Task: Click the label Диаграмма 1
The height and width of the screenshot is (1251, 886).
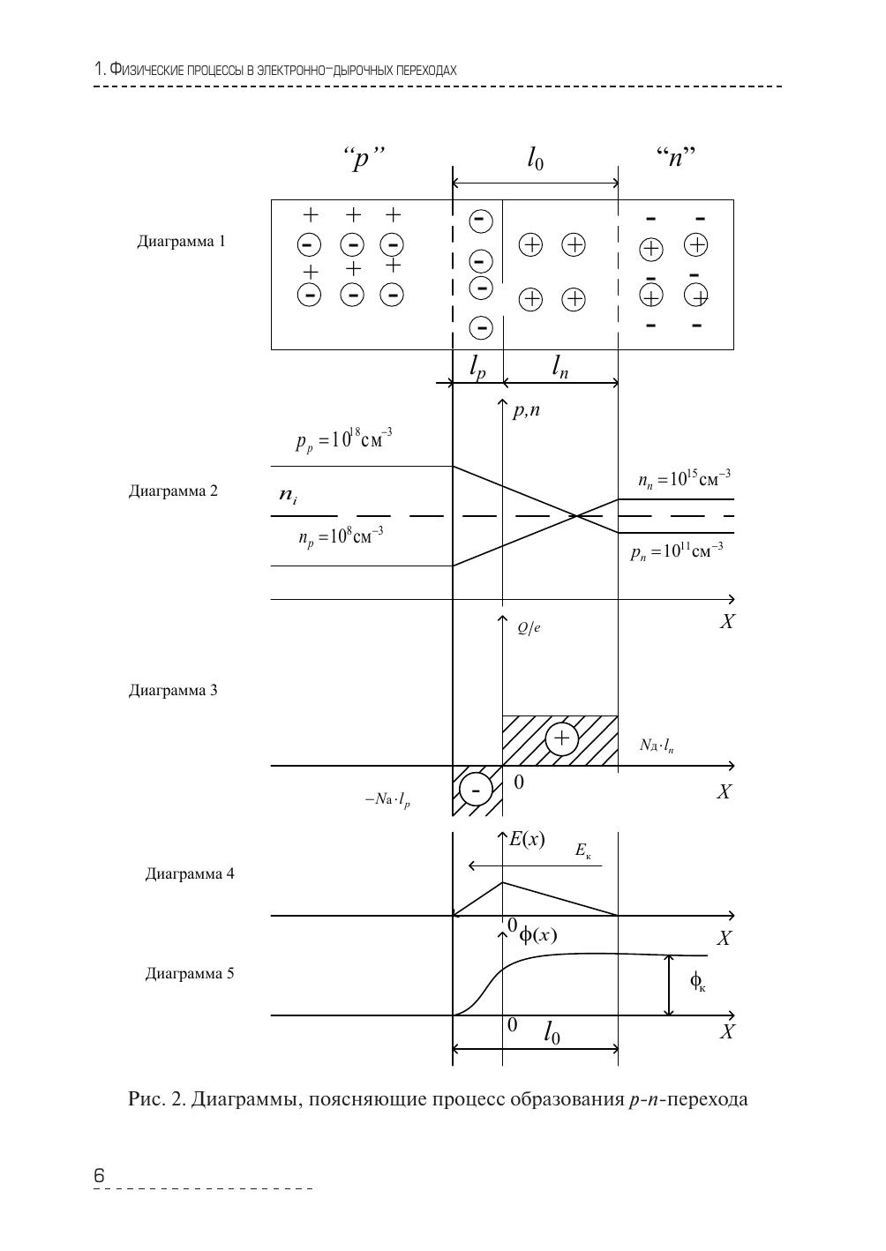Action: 181,241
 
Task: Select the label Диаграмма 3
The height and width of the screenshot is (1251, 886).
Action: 173,690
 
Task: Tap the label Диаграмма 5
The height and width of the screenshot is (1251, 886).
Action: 190,974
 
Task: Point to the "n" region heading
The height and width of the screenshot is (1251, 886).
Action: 677,160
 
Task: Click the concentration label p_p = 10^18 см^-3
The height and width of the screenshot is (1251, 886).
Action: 344,439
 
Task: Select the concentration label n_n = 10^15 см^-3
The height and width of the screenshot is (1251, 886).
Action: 684,479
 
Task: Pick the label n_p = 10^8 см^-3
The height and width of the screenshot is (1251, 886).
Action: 341,536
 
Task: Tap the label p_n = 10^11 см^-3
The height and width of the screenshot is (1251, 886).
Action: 677,552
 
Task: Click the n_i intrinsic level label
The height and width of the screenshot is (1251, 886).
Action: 288,498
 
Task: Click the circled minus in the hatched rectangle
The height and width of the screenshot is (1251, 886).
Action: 476,790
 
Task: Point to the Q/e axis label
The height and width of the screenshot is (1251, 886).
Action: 529,628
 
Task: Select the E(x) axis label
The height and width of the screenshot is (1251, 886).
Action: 527,839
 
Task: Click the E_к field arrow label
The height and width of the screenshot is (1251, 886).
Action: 582,850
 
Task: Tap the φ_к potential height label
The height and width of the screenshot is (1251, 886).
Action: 697,982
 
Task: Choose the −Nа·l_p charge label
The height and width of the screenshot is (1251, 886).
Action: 387,800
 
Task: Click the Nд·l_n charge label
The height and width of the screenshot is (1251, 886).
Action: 657,745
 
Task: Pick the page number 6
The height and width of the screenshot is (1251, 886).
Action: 99,1175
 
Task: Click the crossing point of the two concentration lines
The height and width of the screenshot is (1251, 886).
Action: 575,515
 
